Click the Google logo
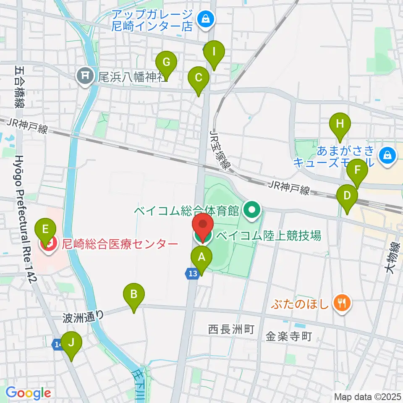click(28, 393)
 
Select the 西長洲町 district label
click(232, 330)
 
